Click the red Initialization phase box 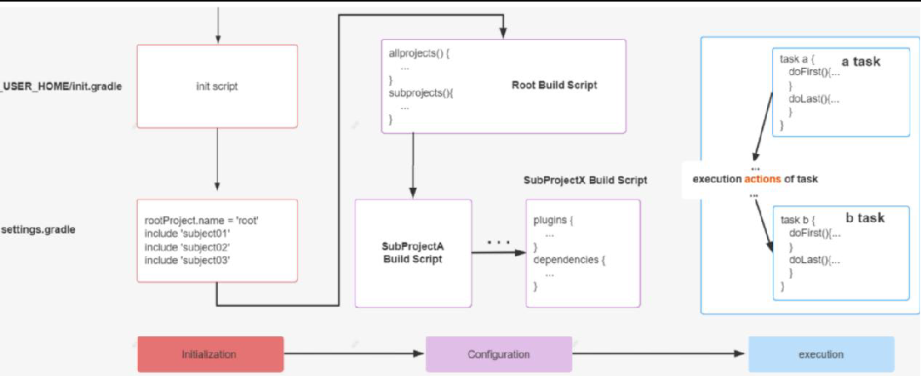click(x=210, y=354)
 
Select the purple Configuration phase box click(x=498, y=354)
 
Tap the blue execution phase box click(x=820, y=354)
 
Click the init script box click(x=216, y=86)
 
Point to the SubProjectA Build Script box click(x=413, y=253)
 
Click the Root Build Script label click(x=553, y=85)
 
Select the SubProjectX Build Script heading click(x=585, y=181)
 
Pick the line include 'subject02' click(x=186, y=247)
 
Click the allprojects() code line click(x=419, y=53)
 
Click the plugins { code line click(x=554, y=220)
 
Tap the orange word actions click(x=763, y=179)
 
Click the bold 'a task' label click(x=860, y=62)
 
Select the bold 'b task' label click(x=864, y=218)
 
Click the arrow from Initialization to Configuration click(x=354, y=354)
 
